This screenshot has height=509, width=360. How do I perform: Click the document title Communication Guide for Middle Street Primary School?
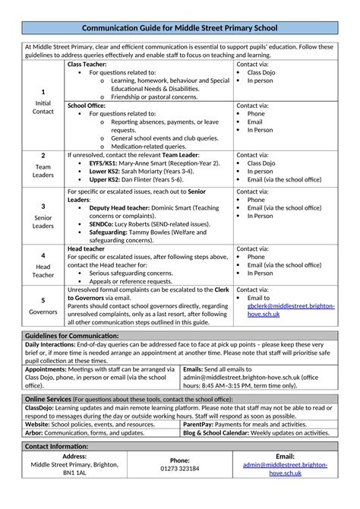(179, 28)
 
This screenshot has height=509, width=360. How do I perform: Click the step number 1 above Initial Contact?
(43, 92)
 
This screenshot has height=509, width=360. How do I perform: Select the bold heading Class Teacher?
(88, 65)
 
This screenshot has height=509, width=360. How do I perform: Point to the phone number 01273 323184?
(179, 469)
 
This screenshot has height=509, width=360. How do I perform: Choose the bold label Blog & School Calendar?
(216, 433)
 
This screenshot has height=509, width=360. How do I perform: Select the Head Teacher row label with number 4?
(43, 265)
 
